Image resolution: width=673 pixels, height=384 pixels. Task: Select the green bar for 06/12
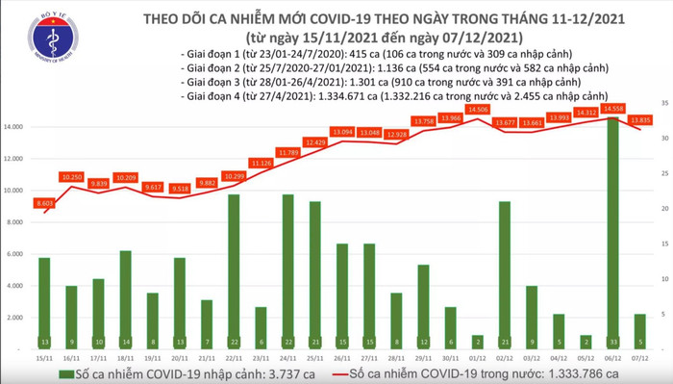click(x=612, y=231)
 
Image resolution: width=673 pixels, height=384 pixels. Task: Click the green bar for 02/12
click(x=504, y=274)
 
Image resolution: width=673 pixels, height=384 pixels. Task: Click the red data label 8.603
click(x=43, y=203)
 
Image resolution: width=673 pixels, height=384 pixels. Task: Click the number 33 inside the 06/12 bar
click(x=612, y=341)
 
